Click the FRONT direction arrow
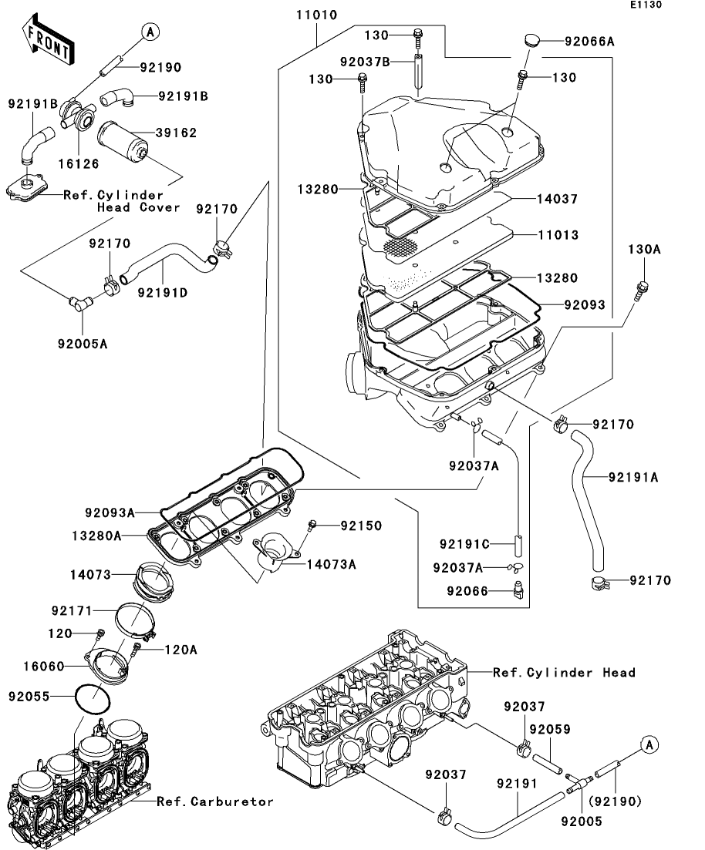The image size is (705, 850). click(49, 40)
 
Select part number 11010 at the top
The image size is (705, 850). click(317, 15)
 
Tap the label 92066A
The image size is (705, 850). click(589, 41)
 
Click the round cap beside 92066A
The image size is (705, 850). click(532, 41)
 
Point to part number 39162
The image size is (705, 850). click(177, 133)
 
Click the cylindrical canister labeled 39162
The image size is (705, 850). click(123, 141)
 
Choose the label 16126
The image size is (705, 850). click(79, 163)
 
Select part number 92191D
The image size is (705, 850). click(163, 293)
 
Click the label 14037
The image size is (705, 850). click(558, 199)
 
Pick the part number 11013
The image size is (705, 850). click(558, 235)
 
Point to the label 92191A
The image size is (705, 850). click(633, 477)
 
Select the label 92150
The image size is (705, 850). click(362, 526)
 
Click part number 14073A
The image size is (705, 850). click(332, 564)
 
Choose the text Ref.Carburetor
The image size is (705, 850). click(215, 801)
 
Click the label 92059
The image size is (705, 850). click(550, 729)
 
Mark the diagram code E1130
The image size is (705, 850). click(646, 5)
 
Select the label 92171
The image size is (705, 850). click(73, 610)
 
